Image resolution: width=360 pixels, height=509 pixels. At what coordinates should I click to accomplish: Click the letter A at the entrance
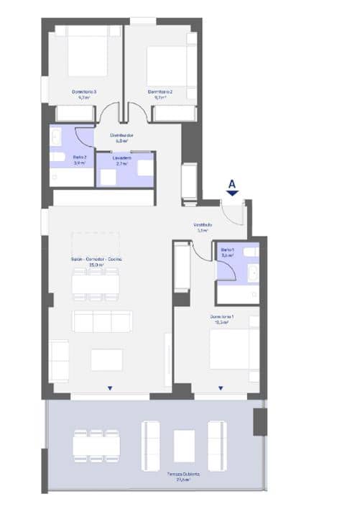232,183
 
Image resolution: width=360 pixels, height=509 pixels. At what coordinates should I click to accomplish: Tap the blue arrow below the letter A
232,193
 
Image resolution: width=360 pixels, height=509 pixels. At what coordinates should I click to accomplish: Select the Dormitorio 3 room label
84,93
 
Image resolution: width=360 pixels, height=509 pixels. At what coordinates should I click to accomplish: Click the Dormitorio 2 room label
161,93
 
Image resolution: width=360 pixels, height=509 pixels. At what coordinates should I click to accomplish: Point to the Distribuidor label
121,137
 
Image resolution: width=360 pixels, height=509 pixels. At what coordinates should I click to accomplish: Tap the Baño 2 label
60,160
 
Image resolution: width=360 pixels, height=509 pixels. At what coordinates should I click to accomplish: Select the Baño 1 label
228,252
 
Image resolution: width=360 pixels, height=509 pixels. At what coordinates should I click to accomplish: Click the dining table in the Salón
95,283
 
